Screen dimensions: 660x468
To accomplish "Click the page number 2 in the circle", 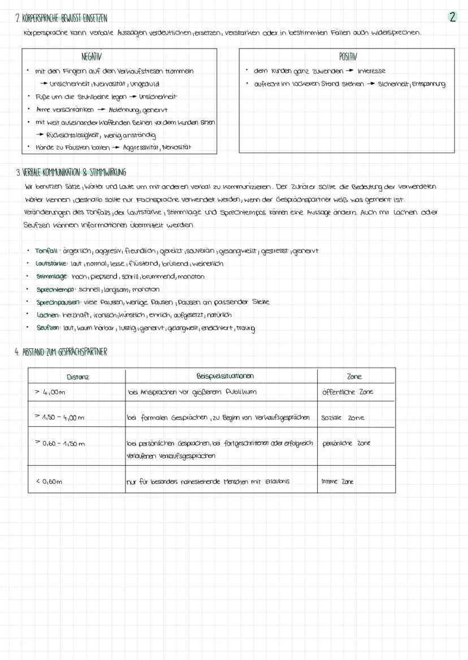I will [453, 17].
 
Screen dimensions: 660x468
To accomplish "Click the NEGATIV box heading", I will [92, 57].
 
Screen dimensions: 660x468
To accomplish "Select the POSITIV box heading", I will [348, 57].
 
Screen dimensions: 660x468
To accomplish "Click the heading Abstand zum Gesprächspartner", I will [60, 352].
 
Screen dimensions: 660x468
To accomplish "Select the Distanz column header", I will [77, 377].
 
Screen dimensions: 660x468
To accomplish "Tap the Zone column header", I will [354, 377].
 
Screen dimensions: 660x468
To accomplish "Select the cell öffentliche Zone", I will [348, 392].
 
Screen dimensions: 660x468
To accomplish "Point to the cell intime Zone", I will [337, 482].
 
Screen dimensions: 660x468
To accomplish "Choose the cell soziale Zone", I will [343, 418].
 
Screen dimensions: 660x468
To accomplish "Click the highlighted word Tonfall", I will [46, 251].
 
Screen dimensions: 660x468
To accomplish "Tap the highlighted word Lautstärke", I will [51, 264].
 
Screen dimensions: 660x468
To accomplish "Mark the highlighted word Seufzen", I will [48, 328].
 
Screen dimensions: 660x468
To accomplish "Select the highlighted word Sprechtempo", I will [55, 290].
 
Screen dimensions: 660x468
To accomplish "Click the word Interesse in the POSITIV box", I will [371, 71].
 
